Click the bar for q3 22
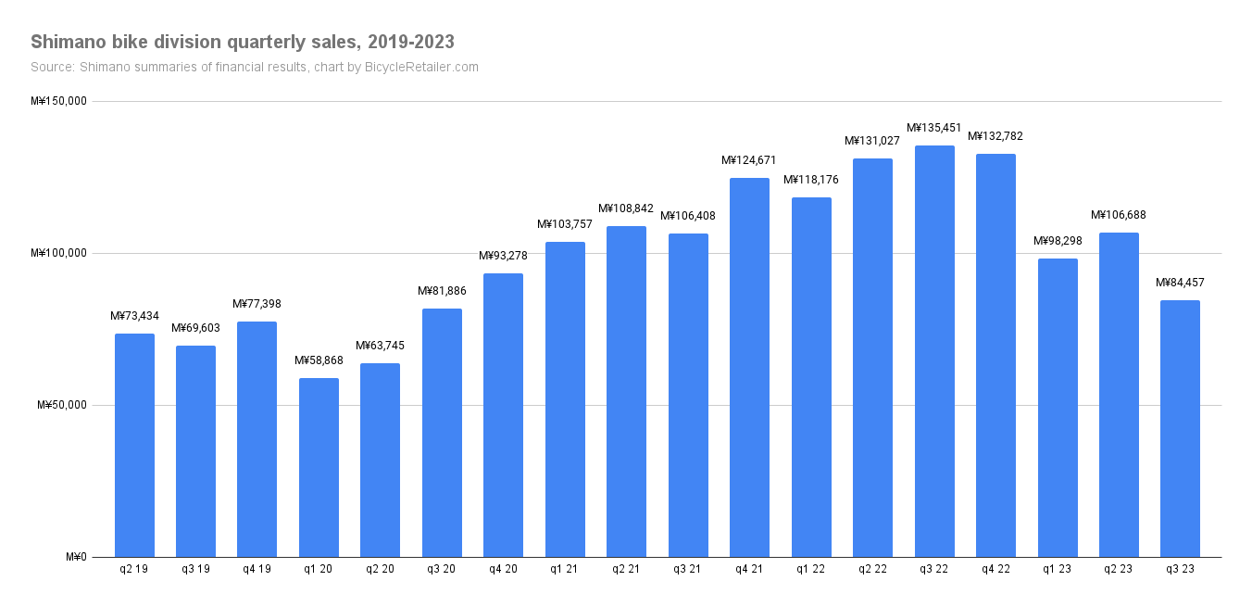(934, 351)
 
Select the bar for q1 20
(319, 467)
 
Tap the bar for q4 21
(749, 367)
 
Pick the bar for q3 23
(1180, 428)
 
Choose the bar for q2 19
(134, 445)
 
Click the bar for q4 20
(503, 415)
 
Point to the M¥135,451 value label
(934, 128)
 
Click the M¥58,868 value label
(319, 360)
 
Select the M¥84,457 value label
(1180, 283)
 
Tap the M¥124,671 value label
(749, 160)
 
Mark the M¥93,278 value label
(503, 256)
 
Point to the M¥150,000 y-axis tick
(58, 101)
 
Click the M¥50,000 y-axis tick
(61, 405)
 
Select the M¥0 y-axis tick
(76, 557)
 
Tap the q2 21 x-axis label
(626, 569)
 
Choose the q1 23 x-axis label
(1057, 569)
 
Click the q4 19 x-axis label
(257, 569)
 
